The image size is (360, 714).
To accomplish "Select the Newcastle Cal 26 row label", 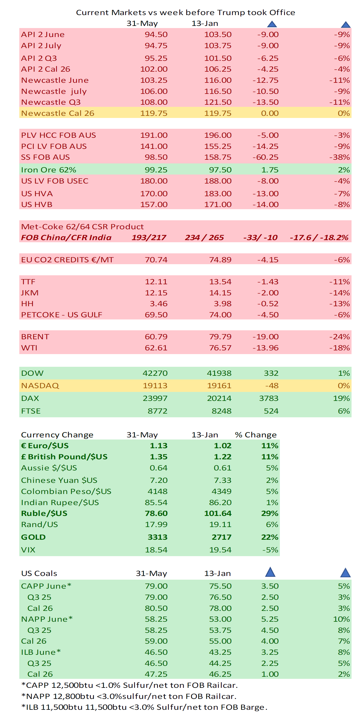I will click(58, 113).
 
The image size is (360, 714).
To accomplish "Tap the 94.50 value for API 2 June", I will click(156, 34).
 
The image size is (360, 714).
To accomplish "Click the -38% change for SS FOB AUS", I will click(339, 157).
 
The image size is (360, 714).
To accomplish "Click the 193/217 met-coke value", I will click(149, 237).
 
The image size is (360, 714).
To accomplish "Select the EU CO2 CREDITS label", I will click(67, 260).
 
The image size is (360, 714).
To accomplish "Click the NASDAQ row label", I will click(40, 386).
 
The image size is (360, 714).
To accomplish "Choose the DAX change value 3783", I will click(268, 398).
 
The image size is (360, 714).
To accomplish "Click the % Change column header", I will click(256, 434).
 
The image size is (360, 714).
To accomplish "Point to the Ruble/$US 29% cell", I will click(270, 513).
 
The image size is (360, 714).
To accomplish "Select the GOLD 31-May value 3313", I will click(157, 537).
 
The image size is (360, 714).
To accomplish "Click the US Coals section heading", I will click(39, 573).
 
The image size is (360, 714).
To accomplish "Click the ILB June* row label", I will click(41, 652).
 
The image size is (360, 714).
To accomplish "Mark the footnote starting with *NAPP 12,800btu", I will click(129, 696).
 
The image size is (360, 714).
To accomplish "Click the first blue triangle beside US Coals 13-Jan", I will click(270, 572).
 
